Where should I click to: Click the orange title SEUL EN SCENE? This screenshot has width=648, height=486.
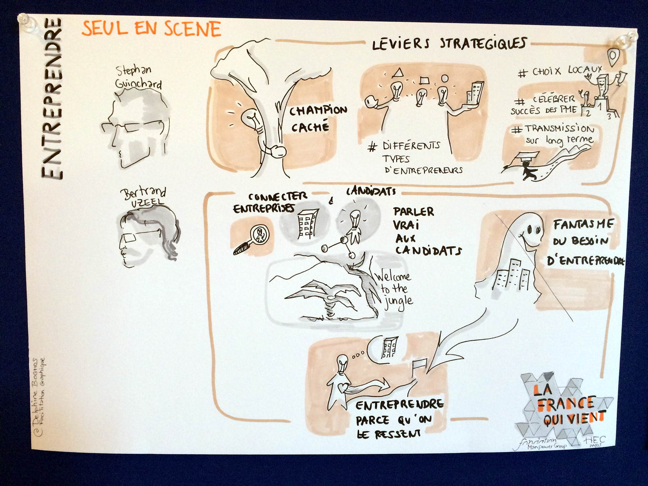click(x=151, y=28)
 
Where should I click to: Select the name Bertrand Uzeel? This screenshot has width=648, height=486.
click(x=143, y=197)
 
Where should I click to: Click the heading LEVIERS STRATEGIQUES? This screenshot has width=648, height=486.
click(x=449, y=44)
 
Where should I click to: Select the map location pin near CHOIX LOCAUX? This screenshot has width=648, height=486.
click(x=613, y=57)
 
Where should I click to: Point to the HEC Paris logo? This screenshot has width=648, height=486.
click(x=595, y=441)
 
